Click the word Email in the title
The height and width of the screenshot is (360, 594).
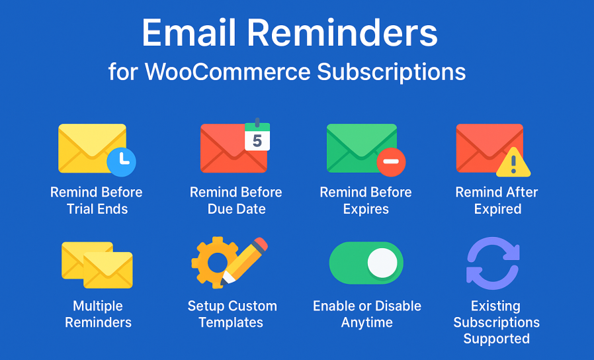(189, 33)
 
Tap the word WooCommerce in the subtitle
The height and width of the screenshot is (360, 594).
(228, 71)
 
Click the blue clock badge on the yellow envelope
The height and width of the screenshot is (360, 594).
(122, 162)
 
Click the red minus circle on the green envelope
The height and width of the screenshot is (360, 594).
(391, 162)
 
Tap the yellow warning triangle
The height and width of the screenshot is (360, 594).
(513, 163)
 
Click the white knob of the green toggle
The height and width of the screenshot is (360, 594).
(382, 263)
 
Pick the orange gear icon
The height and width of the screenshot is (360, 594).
(213, 263)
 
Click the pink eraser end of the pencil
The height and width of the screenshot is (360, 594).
(260, 245)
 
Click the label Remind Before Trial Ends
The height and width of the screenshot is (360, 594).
(97, 201)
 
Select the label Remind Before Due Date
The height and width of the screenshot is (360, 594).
(236, 201)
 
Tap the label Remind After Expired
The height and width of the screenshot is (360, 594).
(497, 201)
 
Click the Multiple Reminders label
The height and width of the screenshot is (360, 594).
(98, 314)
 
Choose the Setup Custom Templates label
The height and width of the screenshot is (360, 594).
(232, 314)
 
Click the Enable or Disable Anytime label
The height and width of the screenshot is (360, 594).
(367, 314)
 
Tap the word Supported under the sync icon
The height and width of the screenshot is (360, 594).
(496, 338)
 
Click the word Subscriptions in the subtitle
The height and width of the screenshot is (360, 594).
(392, 71)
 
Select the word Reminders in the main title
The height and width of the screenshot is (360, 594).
(343, 33)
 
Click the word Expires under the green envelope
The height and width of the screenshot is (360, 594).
(366, 209)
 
